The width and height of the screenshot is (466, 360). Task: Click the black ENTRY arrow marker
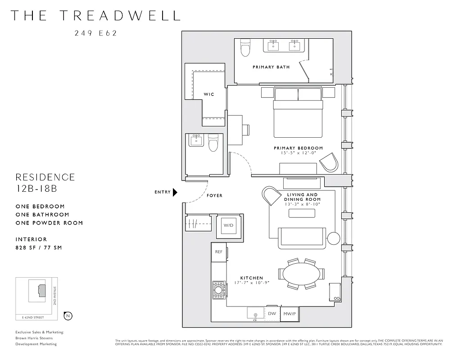(175, 192)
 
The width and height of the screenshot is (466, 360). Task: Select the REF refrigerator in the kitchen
(219, 252)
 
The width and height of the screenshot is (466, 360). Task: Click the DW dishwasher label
(271, 313)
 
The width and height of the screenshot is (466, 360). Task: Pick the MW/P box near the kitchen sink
(288, 313)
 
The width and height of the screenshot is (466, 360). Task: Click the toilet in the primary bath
(245, 48)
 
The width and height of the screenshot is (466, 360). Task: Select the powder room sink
(196, 140)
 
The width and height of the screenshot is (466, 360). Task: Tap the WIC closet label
(209, 94)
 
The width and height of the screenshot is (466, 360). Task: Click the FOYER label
(214, 196)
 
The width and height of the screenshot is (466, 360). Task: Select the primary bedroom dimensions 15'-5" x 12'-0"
(298, 153)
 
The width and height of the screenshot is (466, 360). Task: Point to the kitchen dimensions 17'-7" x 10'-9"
(251, 283)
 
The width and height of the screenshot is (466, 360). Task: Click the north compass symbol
(68, 315)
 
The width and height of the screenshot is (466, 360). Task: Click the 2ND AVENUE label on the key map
(54, 297)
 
